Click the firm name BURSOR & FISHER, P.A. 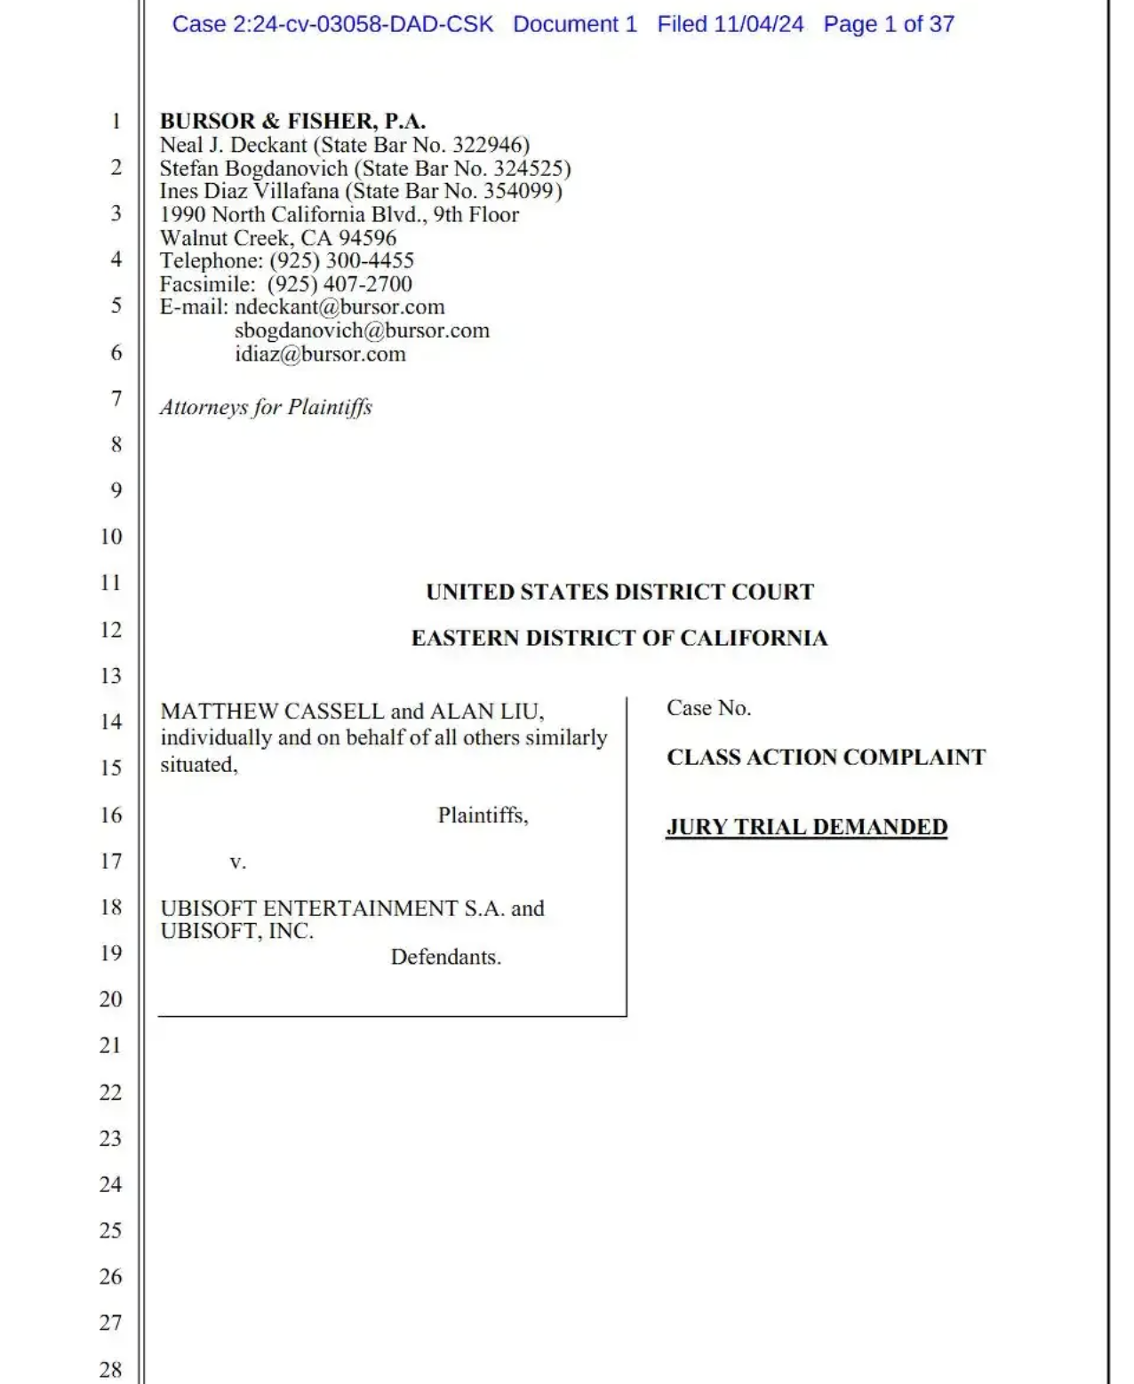tap(292, 121)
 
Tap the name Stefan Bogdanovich tap(253, 169)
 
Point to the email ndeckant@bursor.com tap(339, 307)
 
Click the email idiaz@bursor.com tap(320, 354)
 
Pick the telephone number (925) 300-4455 tap(342, 261)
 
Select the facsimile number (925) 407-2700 tap(339, 284)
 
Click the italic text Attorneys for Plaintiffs tap(266, 407)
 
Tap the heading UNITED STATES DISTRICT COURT tap(619, 593)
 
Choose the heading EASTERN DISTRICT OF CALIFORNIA tap(619, 639)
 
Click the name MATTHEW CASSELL tap(272, 712)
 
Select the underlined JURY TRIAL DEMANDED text tap(806, 827)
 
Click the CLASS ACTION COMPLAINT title tap(826, 758)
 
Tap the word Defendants tap(445, 958)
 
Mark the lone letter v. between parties tap(237, 862)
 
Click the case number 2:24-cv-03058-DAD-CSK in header tap(363, 25)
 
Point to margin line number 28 tap(110, 1369)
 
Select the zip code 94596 tap(367, 238)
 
